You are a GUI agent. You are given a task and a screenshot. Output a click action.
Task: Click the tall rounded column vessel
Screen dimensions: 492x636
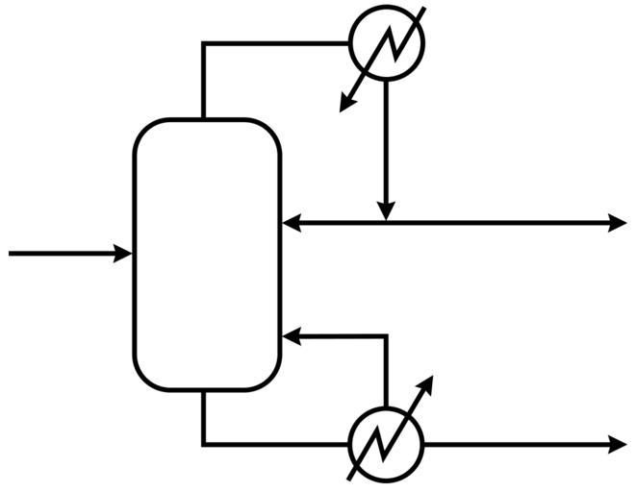click(207, 255)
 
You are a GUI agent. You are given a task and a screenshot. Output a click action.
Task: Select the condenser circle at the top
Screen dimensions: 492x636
click(385, 42)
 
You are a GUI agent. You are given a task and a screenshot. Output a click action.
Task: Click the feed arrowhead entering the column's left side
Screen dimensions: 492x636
click(124, 253)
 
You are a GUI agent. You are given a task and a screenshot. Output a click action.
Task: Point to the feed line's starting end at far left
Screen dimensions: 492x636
click(11, 253)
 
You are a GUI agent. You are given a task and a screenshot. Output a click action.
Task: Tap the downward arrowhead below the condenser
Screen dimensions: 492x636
click(385, 210)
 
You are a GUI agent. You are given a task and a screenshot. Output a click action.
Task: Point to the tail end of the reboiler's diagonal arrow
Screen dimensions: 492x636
click(350, 478)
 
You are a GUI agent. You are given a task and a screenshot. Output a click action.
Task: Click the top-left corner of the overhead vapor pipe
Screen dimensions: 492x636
click(204, 43)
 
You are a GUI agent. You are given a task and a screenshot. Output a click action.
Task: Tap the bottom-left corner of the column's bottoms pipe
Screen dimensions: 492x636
click(204, 444)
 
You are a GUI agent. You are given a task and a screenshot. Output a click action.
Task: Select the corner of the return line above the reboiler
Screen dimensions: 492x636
click(385, 336)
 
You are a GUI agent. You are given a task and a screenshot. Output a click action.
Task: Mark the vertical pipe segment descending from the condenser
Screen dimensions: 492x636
click(385, 144)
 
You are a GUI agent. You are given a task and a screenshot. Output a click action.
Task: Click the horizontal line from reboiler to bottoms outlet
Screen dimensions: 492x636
click(520, 444)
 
